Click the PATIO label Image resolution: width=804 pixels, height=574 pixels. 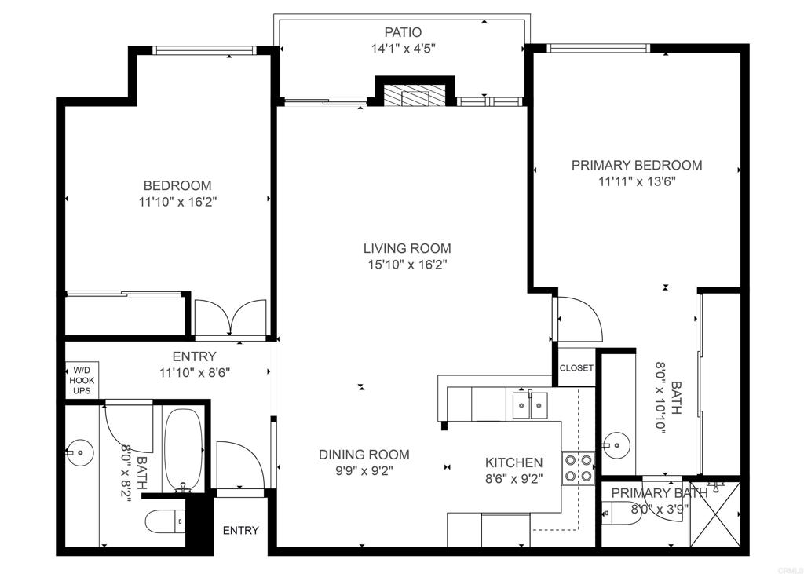[403, 32]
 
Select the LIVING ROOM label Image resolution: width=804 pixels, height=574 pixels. [407, 248]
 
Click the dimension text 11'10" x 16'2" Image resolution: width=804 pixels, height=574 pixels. [178, 202]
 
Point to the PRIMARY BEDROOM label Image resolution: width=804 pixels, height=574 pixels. [637, 165]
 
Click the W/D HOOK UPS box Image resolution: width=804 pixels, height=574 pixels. [82, 380]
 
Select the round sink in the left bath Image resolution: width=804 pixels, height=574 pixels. [81, 452]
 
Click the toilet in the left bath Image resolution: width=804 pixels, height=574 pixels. [165, 521]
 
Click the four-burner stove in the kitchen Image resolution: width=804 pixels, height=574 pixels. [579, 468]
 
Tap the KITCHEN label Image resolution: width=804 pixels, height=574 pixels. [513, 462]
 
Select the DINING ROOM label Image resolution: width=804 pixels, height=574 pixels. [364, 455]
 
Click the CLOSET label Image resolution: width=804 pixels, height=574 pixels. [576, 367]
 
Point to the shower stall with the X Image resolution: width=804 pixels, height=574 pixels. [715, 514]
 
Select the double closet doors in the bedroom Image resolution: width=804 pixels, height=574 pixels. [231, 318]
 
